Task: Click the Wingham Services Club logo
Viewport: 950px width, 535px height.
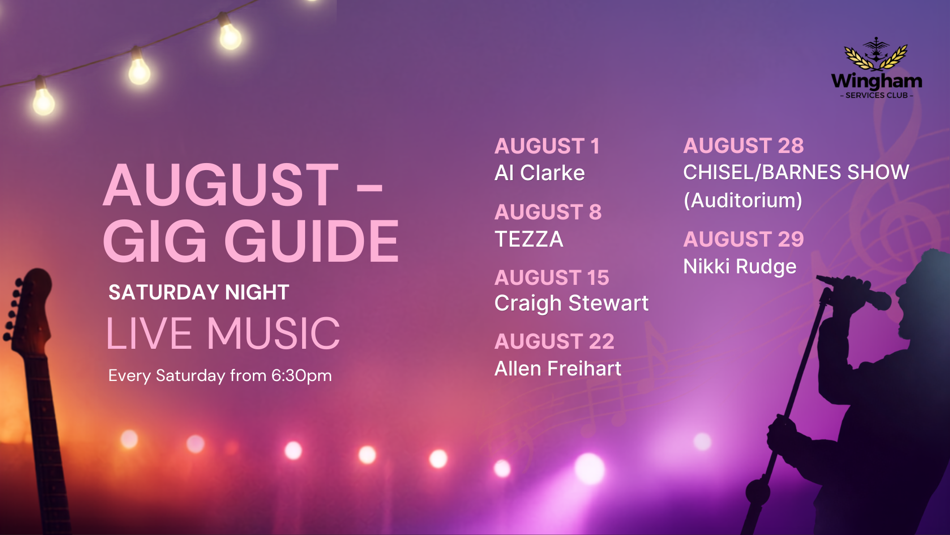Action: tap(877, 68)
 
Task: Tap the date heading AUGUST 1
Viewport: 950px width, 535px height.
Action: tap(547, 146)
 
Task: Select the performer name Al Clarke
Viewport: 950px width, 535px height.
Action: tap(540, 173)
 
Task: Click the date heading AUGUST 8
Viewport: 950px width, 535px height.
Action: tap(548, 212)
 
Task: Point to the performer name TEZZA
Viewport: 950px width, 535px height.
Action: tap(529, 239)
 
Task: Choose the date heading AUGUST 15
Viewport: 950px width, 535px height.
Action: tap(552, 278)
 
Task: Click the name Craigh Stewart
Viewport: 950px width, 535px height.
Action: tap(572, 303)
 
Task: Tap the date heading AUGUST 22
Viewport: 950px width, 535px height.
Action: tap(554, 342)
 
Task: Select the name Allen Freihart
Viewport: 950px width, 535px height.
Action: tap(558, 369)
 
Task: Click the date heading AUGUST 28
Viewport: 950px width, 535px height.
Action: tap(743, 146)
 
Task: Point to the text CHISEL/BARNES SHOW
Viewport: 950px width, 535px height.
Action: tap(796, 173)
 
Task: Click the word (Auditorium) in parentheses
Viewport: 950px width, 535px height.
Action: tap(743, 200)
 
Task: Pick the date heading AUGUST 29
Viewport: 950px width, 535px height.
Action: tap(743, 240)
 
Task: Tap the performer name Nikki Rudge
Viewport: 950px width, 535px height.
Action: tap(740, 267)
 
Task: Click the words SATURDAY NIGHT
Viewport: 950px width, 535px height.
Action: tap(199, 292)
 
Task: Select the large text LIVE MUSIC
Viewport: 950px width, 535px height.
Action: tap(223, 333)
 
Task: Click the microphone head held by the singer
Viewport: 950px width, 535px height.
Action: tap(878, 300)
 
